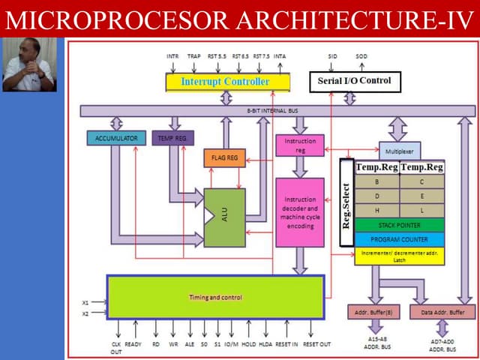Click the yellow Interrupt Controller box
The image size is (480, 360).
click(225, 81)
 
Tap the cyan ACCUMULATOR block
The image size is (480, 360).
click(116, 139)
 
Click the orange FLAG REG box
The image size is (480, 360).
click(224, 158)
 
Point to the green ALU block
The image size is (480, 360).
click(224, 217)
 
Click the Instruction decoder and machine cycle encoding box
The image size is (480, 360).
click(300, 212)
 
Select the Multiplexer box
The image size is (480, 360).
click(400, 151)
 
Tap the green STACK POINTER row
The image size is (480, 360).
click(400, 225)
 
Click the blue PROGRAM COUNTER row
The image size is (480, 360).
click(400, 239)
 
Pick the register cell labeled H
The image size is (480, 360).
click(377, 210)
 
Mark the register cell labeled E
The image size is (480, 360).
click(421, 196)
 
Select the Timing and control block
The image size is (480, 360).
click(215, 297)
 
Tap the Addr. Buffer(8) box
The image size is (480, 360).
click(373, 311)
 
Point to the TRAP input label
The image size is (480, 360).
click(193, 56)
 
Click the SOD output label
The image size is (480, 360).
click(361, 56)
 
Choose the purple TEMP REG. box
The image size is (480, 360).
click(173, 139)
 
